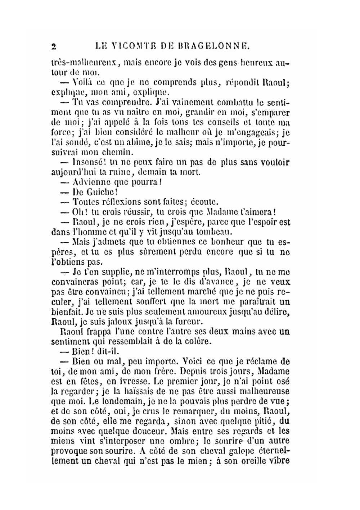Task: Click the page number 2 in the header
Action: (54, 46)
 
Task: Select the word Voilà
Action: (84, 82)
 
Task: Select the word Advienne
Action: (94, 182)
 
